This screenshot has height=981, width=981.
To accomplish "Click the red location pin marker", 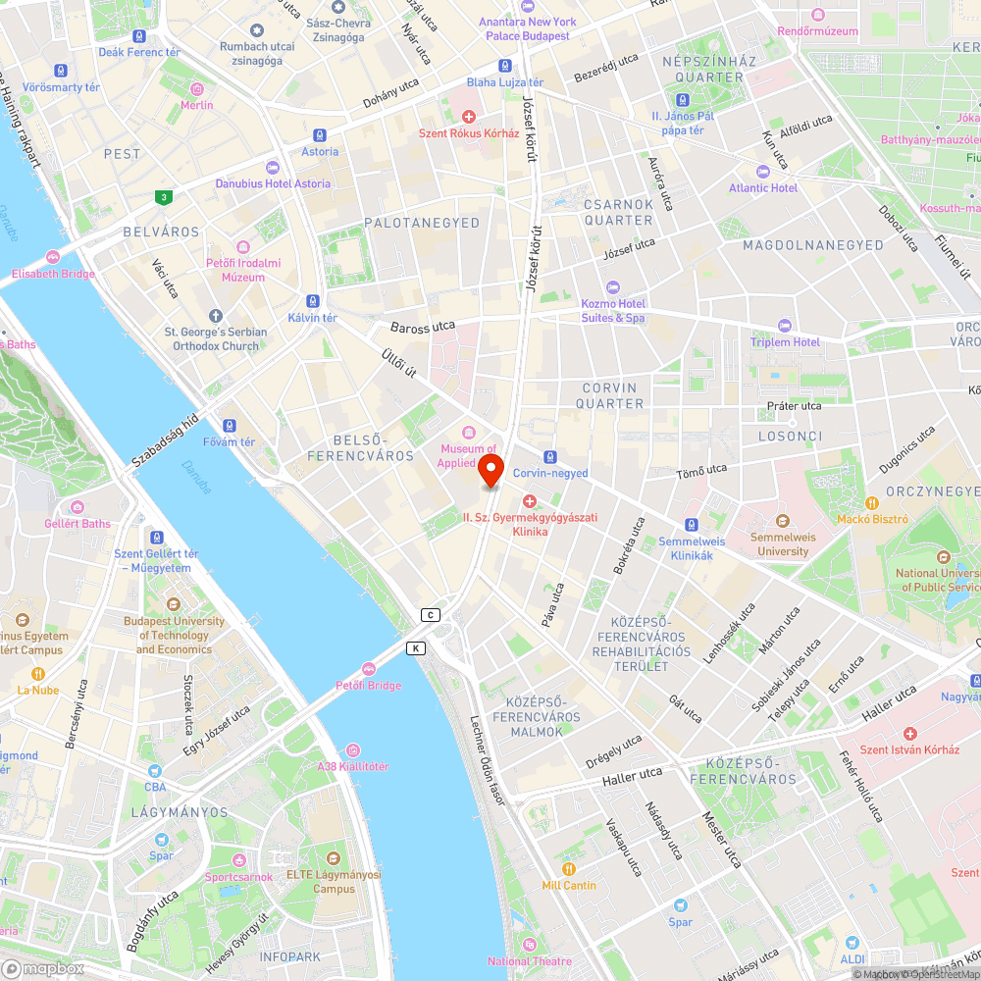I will pos(490,470).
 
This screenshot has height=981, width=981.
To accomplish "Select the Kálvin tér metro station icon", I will pos(312,301).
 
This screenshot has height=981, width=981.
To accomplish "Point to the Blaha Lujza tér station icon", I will pos(504,66).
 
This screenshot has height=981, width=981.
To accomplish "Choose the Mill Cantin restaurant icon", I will pos(568,868).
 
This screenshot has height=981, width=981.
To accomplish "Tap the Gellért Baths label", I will pos(77,523).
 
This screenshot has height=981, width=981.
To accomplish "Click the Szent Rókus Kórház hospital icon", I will pos(469,117).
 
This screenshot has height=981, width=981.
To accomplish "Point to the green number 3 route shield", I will pos(163,197).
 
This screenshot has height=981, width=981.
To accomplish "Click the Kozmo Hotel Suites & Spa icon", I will pos(613,286).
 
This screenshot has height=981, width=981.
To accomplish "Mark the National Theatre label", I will pos(530,961).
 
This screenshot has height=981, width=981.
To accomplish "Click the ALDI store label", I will pos(852,958).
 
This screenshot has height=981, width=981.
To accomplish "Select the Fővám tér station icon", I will pos(229,426).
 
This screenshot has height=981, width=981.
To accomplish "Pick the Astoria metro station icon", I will pos(320,135).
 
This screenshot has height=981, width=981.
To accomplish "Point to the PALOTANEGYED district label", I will pos(422,223).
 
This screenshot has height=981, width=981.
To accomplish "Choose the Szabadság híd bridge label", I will pos(165,439).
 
